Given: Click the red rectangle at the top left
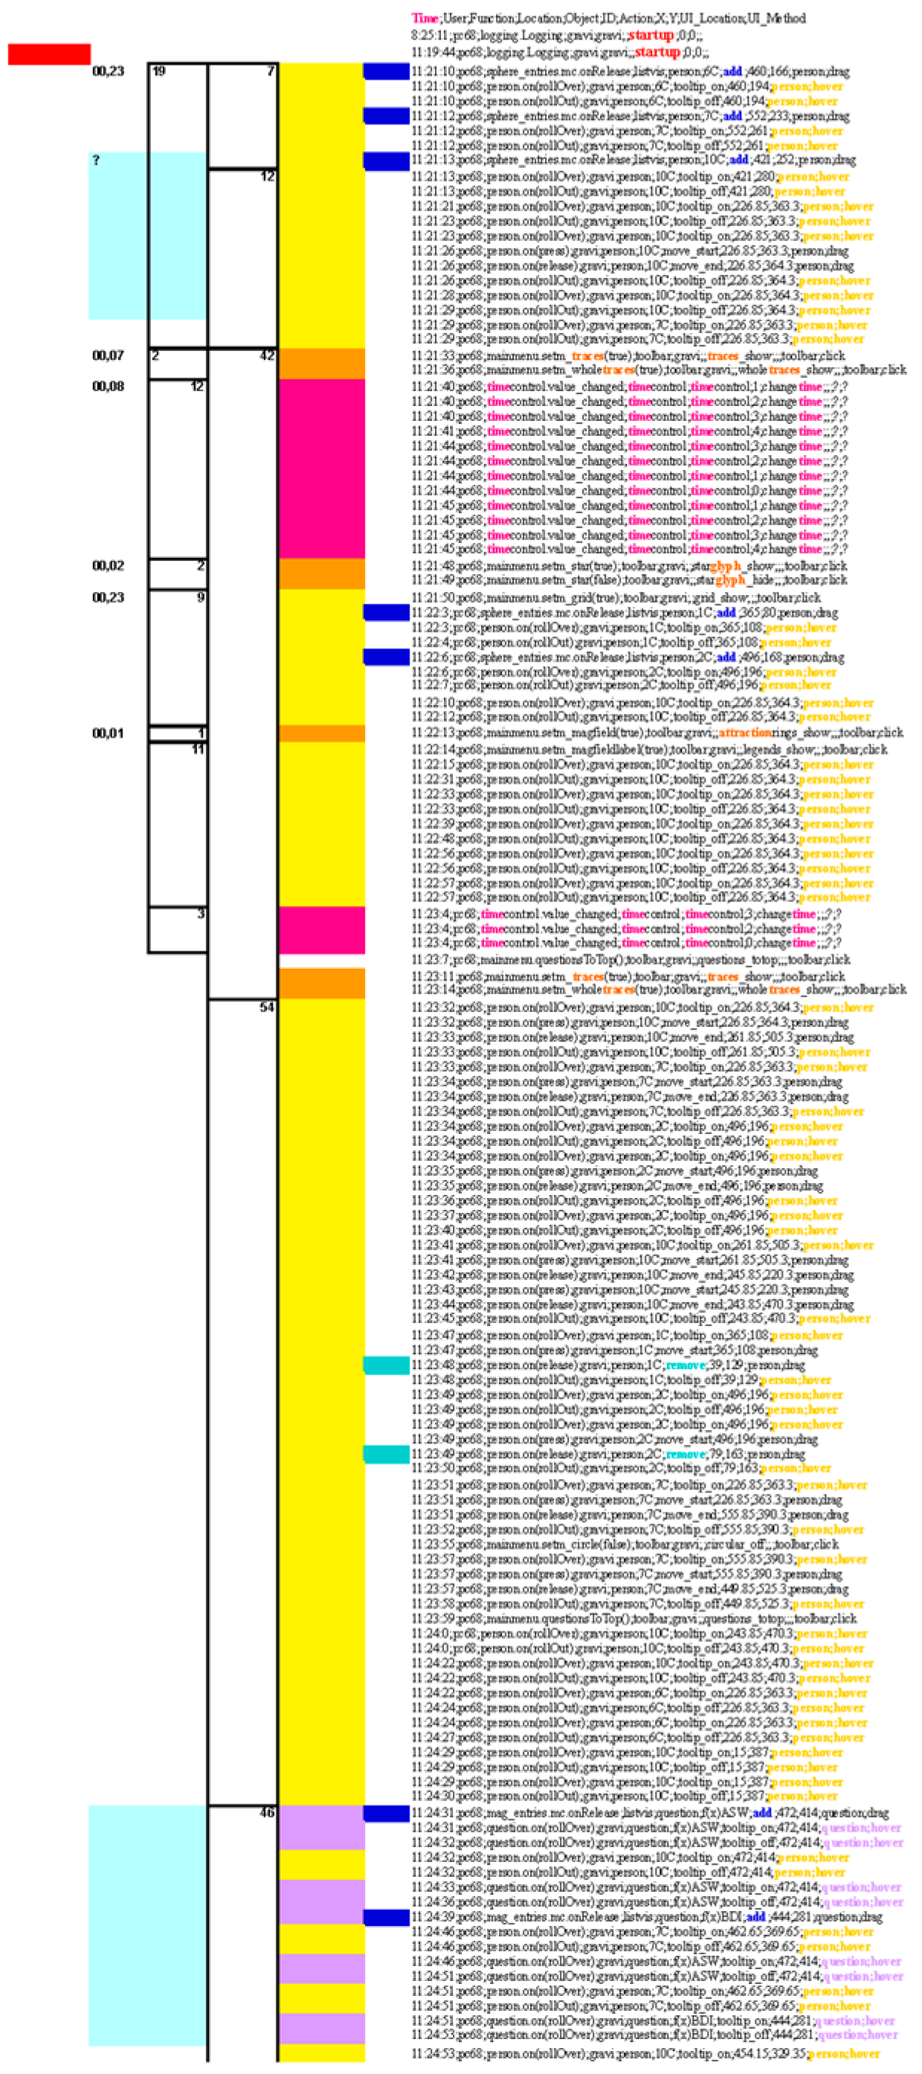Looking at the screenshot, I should point(49,54).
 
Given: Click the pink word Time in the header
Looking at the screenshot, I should point(425,18).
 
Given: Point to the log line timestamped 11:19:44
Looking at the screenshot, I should point(560,52).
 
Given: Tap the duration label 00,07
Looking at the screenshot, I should point(108,355).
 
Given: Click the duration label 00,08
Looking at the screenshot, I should point(108,386).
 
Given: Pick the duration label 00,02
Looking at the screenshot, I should point(108,565).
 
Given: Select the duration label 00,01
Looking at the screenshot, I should point(108,732).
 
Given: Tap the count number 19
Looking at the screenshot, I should point(158,71).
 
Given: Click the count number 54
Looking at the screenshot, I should point(266,1007).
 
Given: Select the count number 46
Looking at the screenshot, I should point(266,1812).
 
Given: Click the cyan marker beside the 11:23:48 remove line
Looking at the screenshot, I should point(387,1365).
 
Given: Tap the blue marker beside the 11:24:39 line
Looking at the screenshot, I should point(387,1917).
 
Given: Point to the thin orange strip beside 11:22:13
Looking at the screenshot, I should point(321,732).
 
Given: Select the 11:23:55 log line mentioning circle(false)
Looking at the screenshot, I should point(625,1545).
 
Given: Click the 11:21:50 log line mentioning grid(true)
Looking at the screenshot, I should point(616,597).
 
